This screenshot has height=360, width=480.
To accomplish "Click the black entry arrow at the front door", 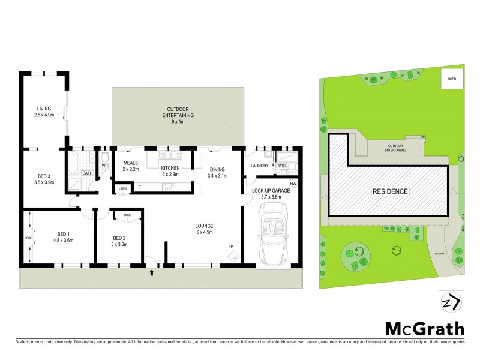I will (151, 273).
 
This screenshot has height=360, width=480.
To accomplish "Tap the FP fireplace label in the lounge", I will (229, 246).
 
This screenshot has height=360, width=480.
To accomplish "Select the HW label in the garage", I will (293, 184).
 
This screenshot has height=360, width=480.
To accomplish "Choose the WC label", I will (104, 166).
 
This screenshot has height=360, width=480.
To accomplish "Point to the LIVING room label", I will (44, 109).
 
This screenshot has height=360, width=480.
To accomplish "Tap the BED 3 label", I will (44, 176).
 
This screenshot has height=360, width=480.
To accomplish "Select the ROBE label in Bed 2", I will (127, 214).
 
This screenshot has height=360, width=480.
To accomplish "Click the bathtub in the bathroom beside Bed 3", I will (75, 162).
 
